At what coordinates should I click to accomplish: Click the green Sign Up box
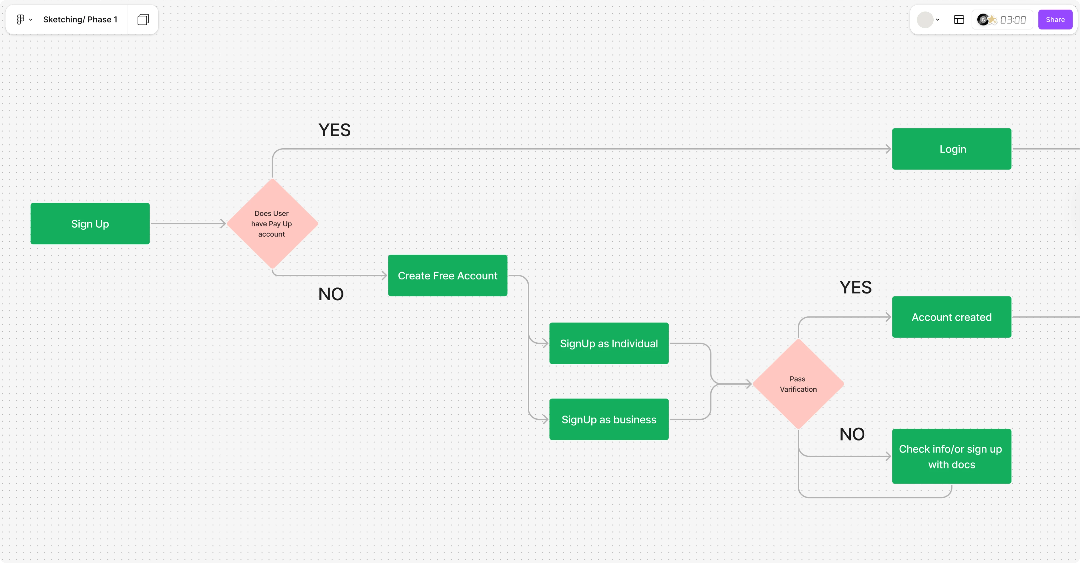[90, 224]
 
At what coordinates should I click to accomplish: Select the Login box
[952, 149]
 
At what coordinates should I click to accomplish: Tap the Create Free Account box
[447, 276]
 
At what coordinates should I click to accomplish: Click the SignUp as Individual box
[609, 343]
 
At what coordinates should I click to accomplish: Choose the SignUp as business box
[609, 419]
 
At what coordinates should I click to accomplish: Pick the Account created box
[952, 317]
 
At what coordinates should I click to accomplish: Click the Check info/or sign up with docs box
[952, 456]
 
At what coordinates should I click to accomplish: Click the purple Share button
[1055, 20]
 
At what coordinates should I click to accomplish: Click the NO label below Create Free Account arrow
[331, 294]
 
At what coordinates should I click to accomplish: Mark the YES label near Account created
[855, 287]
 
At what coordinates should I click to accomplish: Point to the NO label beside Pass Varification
[852, 435]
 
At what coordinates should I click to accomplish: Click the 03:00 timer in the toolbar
[1013, 20]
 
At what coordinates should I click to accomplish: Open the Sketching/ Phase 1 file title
[80, 20]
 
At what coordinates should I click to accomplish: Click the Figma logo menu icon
[20, 20]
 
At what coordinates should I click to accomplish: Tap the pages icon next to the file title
[143, 20]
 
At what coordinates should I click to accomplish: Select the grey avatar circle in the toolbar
[925, 20]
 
